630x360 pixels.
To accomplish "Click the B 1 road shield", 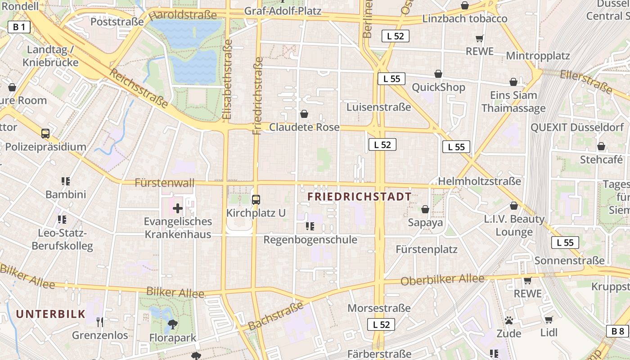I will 19,27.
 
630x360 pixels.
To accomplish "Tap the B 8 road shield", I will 618,331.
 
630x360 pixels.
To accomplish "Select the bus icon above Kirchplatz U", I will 256,199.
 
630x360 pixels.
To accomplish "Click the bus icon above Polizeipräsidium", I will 45,133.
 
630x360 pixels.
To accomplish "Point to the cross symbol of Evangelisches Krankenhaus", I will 178,208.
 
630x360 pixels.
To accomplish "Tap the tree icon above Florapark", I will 172,324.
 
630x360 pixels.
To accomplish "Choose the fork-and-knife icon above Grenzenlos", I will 100,322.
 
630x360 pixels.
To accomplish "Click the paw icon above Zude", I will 509,320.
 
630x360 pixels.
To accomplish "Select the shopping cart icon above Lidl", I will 549,319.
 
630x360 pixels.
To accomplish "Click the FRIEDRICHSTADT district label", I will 360,197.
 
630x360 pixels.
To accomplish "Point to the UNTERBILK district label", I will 51,314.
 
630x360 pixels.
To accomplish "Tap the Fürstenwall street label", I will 165,183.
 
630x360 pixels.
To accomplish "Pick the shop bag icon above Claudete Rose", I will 304,114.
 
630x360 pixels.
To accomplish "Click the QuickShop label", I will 438,87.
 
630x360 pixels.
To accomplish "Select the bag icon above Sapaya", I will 425,209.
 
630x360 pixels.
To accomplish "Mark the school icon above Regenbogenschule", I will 310,226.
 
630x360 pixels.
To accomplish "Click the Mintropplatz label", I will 538,56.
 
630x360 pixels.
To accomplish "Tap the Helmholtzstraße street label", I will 479,181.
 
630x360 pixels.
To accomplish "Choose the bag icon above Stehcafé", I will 601,146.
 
